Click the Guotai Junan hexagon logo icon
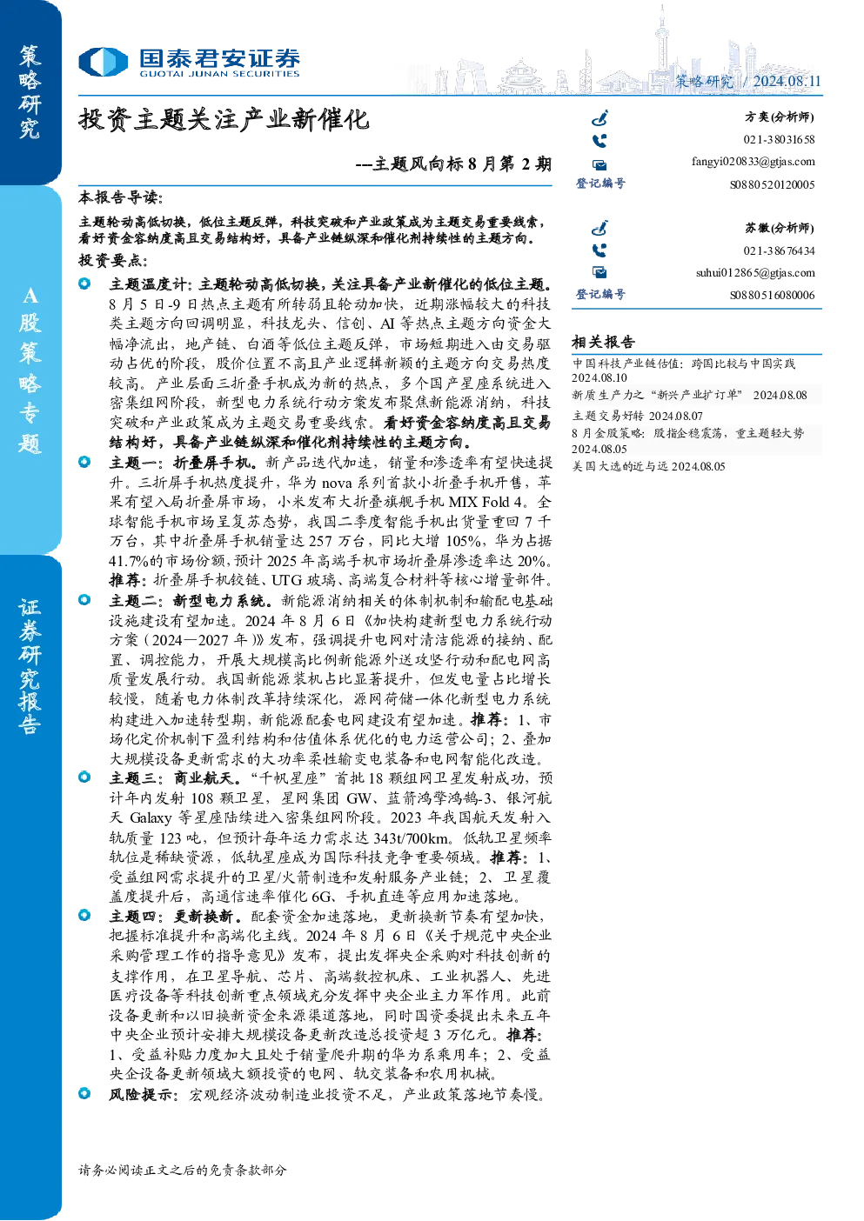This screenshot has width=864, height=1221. (x=103, y=62)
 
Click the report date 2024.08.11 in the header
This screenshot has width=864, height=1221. (x=787, y=82)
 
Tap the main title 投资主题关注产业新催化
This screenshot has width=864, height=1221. (x=224, y=119)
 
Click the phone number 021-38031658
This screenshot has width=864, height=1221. (x=779, y=139)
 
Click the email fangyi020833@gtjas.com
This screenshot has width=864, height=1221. (x=753, y=162)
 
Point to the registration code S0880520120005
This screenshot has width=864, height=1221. (x=773, y=184)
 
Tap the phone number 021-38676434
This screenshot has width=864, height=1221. (x=779, y=250)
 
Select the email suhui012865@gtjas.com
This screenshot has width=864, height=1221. (x=755, y=272)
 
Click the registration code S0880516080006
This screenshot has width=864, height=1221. (x=773, y=296)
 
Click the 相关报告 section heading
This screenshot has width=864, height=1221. (x=603, y=343)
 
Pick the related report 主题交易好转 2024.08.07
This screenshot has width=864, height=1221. (x=637, y=416)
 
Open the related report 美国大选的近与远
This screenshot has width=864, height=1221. (x=620, y=467)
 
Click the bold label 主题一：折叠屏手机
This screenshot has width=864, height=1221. (x=183, y=463)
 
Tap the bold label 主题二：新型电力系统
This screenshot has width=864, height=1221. (x=191, y=601)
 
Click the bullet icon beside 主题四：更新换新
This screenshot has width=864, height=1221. (x=84, y=915)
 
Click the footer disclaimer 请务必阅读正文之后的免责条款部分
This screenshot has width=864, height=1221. (x=182, y=1170)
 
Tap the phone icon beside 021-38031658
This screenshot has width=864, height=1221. (x=599, y=141)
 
